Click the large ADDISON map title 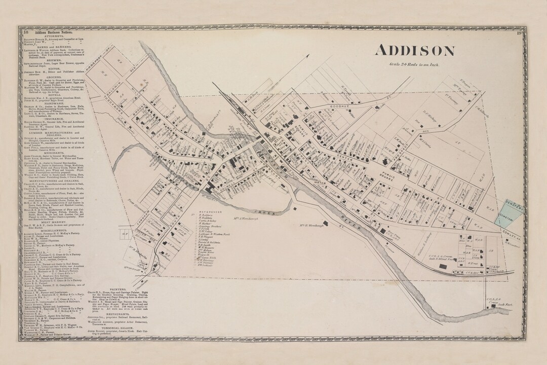[414, 51]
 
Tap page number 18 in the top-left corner [25, 32]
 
